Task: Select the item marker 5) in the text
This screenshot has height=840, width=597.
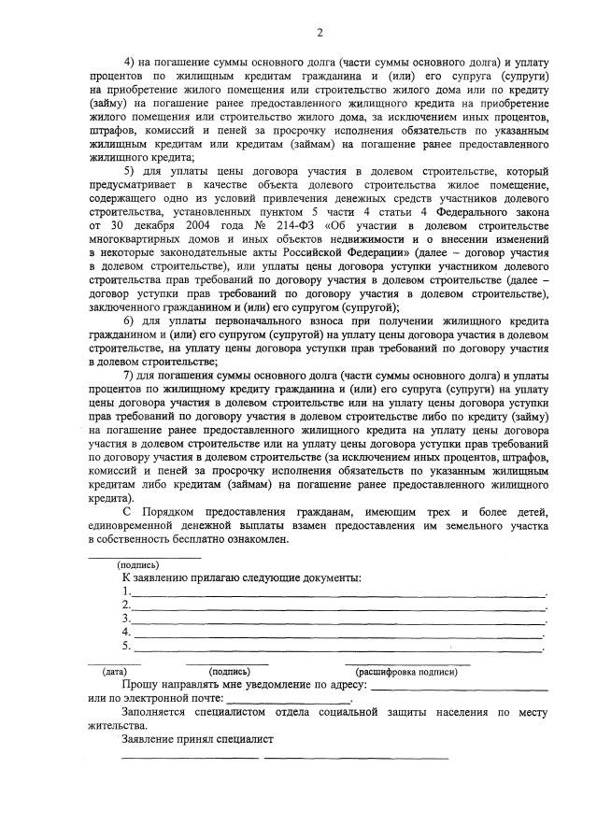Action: point(130,172)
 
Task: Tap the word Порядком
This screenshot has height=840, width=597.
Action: point(171,514)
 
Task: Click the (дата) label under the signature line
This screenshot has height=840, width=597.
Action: point(115,671)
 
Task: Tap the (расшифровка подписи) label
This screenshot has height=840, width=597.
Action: point(406,671)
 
